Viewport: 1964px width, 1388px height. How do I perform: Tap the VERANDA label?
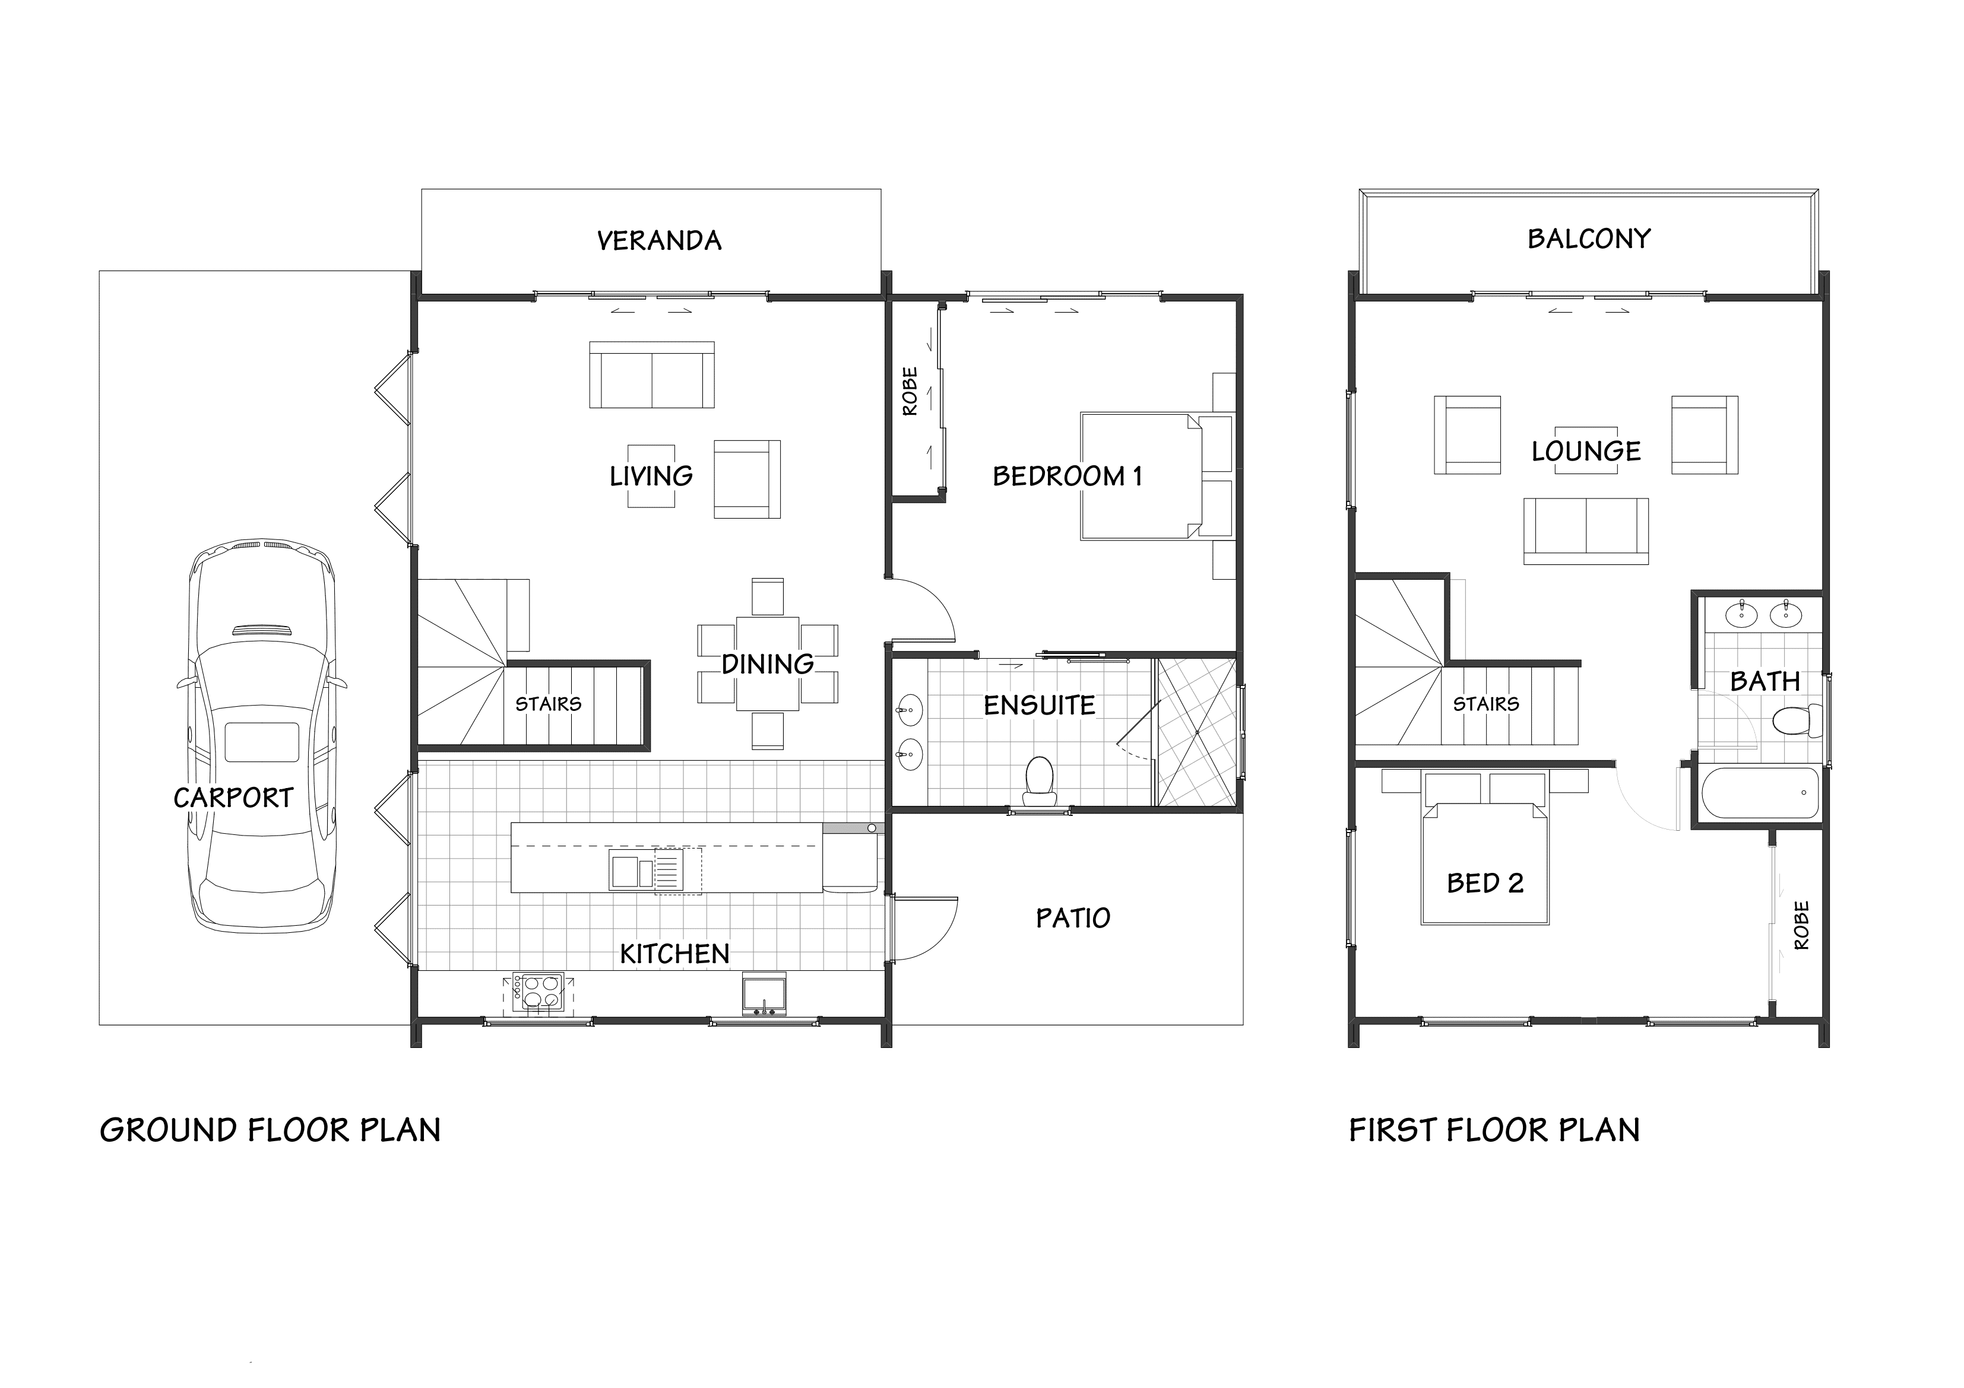pos(658,241)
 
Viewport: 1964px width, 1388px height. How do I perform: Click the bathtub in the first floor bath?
pos(1760,793)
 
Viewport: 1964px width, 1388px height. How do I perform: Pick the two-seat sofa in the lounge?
pos(1586,531)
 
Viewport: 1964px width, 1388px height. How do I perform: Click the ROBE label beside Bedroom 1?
pos(910,391)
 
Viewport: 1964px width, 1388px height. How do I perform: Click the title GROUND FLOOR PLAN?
pos(270,1130)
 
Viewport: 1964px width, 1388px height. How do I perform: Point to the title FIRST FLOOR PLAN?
pos(1494,1130)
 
